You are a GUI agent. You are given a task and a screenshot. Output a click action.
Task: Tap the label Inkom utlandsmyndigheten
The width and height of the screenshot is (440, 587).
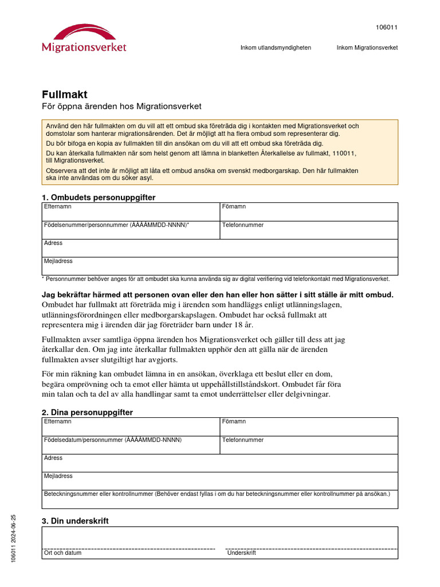[x=276, y=48]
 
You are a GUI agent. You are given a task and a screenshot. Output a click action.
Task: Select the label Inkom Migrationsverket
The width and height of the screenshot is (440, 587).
[x=367, y=48]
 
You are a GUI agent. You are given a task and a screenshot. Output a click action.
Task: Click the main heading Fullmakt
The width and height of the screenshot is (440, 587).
[x=65, y=95]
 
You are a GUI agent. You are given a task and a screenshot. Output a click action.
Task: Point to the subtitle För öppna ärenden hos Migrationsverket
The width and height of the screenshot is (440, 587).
[x=122, y=107]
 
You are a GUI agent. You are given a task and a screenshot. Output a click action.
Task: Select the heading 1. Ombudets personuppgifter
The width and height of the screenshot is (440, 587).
[x=99, y=197]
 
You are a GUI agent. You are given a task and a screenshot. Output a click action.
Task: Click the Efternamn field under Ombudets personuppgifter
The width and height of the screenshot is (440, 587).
[x=131, y=212]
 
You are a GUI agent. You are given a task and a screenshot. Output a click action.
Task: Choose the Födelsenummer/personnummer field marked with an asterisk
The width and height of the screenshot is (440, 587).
[x=131, y=230]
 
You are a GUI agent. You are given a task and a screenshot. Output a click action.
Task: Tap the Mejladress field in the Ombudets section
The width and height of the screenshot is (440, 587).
[x=219, y=266]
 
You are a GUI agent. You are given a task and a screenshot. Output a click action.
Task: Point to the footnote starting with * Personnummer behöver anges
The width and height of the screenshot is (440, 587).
[x=215, y=279]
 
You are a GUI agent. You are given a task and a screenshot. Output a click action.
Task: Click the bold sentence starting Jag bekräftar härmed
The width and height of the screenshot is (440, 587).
[x=218, y=295]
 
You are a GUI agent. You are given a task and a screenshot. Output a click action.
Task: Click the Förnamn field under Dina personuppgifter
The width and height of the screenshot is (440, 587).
[x=308, y=426]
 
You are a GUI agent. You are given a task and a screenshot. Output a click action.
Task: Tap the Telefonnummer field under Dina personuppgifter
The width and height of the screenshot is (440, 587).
[x=308, y=445]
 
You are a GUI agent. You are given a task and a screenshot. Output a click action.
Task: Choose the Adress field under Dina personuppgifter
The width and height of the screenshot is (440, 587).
[x=219, y=463]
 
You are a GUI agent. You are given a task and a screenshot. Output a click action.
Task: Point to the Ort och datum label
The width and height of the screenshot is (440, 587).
[x=62, y=553]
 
